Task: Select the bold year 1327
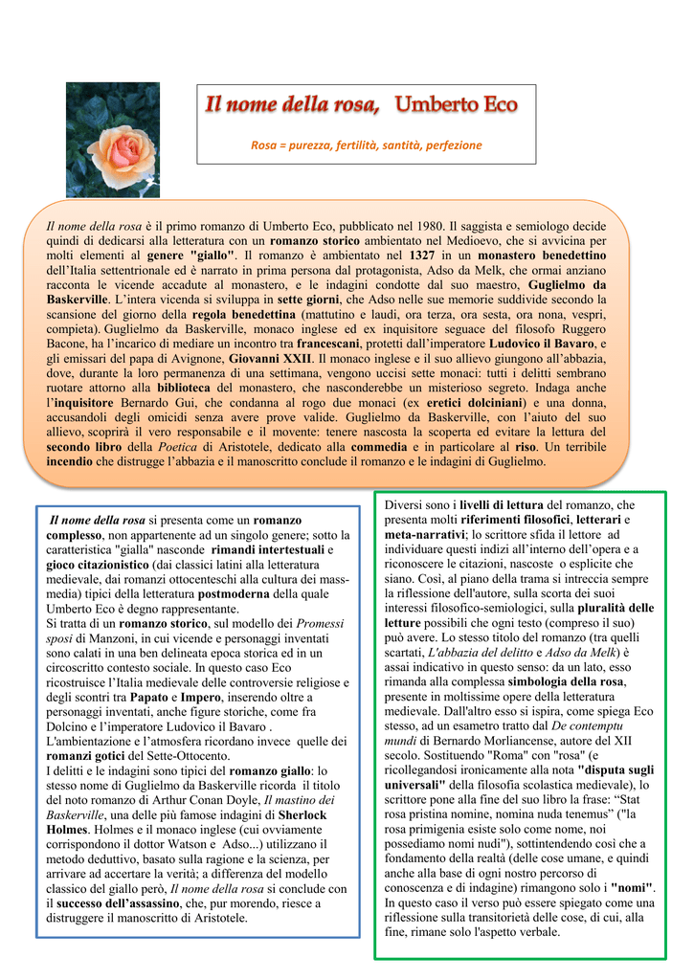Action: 422,256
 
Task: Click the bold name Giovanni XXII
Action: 270,359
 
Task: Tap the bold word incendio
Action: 69,460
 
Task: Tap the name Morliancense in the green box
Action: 509,742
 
